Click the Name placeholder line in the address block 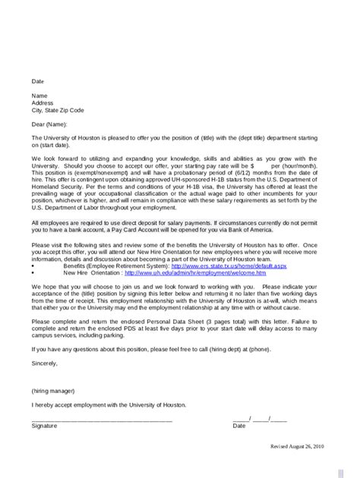click(x=39, y=96)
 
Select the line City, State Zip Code click(x=58, y=110)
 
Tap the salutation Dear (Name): click(x=49, y=123)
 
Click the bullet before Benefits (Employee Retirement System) click(x=33, y=267)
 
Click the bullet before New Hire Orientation click(x=33, y=273)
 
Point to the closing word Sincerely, click(x=45, y=363)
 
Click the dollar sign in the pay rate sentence click(x=251, y=165)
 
